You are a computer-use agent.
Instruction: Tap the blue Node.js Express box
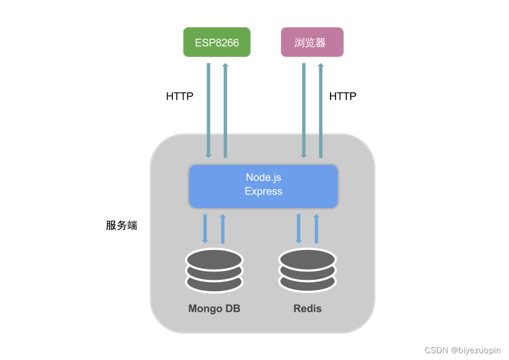click(263, 185)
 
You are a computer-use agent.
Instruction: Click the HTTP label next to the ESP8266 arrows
click(180, 96)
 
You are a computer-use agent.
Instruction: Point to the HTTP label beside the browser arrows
click(342, 96)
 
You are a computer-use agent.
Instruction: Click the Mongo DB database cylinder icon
click(214, 271)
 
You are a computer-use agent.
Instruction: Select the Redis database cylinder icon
click(308, 271)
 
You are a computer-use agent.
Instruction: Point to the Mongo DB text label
click(214, 309)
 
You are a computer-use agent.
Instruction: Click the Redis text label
click(308, 309)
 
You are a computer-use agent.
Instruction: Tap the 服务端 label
click(122, 226)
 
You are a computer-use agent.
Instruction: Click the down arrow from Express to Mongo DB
click(205, 228)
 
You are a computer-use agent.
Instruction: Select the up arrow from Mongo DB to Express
click(223, 228)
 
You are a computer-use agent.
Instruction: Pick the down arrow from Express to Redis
click(299, 228)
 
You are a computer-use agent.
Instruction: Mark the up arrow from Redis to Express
click(316, 228)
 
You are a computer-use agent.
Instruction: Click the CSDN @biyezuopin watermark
click(462, 350)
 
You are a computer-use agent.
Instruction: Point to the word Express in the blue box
click(263, 191)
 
